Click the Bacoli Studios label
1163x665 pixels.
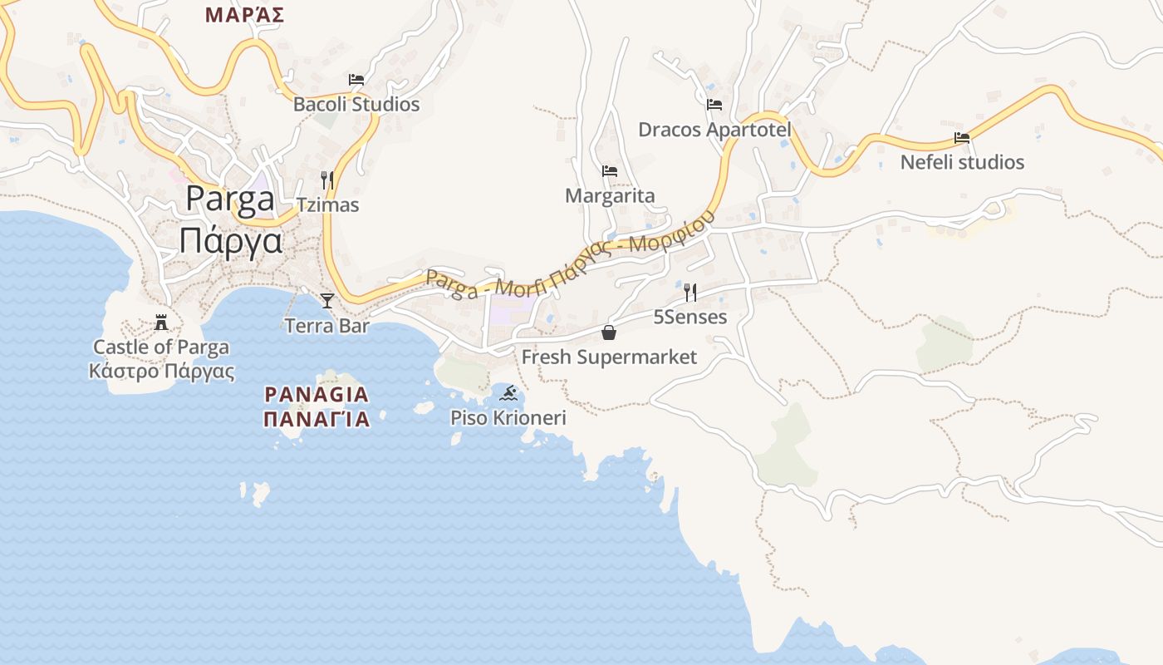click(356, 105)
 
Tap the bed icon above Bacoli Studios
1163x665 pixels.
click(356, 80)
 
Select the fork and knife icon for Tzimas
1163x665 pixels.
click(327, 180)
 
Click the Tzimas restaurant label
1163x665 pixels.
click(327, 204)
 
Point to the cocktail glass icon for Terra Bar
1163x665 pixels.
click(327, 300)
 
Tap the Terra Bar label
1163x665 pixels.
click(327, 326)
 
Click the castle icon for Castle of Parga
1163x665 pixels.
click(161, 323)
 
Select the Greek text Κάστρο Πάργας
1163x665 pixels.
click(161, 372)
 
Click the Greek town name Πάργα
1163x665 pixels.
click(231, 242)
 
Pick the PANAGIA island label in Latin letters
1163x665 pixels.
click(317, 394)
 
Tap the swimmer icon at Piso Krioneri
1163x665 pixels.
click(508, 392)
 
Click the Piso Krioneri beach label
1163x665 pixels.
click(508, 417)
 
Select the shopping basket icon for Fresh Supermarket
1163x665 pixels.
click(609, 332)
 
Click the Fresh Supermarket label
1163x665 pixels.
click(609, 357)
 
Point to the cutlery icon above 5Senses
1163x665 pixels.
click(689, 292)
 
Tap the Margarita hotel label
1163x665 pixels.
click(610, 196)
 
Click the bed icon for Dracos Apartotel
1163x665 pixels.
click(714, 105)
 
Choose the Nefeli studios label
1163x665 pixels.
click(962, 162)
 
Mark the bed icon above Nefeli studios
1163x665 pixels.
click(962, 138)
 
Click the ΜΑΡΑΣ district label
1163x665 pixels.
click(245, 14)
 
